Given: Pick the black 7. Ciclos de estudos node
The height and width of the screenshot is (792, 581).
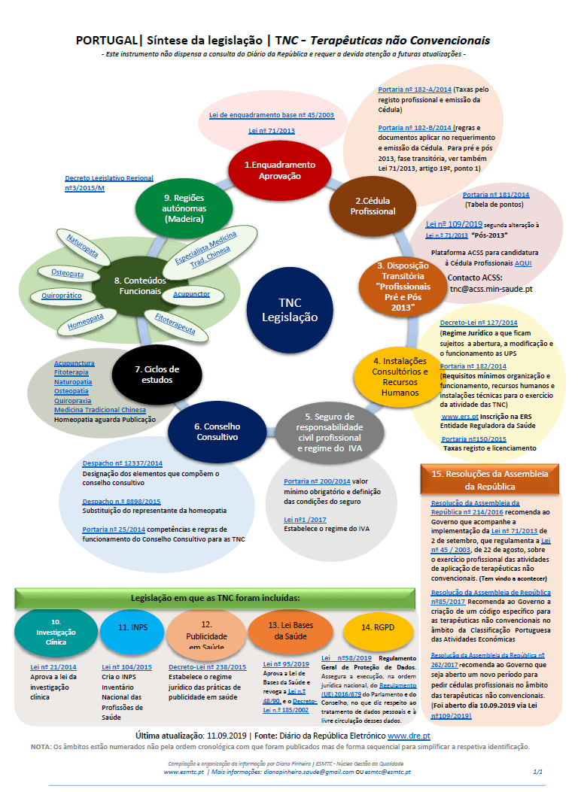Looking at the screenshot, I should tap(157, 374).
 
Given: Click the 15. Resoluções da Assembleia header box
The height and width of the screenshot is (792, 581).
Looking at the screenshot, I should tap(489, 480).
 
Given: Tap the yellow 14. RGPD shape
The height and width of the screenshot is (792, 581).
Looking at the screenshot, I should tap(377, 627).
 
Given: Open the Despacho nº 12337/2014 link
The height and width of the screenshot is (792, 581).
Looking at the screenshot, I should tap(121, 464).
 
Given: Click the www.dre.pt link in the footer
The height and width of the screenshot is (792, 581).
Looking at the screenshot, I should tap(409, 734).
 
